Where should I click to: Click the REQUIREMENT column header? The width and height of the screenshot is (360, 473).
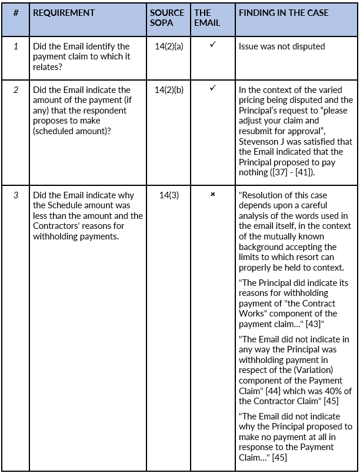tap(64, 12)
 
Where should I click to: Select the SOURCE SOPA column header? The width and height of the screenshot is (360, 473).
tap(167, 18)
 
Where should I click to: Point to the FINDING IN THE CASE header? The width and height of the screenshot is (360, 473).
tap(284, 12)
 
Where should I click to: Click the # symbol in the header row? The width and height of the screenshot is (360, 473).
tap(16, 12)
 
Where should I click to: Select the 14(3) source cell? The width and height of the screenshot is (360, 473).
tap(169, 195)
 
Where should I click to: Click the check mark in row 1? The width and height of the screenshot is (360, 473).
tap(212, 45)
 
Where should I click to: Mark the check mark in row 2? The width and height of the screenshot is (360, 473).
tap(212, 89)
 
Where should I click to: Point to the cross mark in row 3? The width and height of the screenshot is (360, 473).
tap(212, 195)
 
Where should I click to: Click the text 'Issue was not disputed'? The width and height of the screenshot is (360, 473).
tap(281, 46)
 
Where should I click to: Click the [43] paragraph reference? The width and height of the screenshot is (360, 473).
tap(310, 323)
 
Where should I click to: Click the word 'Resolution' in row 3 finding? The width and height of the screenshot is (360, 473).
tap(262, 195)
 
